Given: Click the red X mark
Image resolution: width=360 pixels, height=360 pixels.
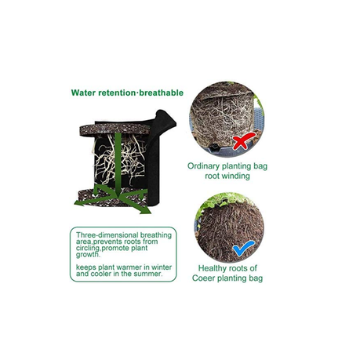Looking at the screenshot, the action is pos(243,141).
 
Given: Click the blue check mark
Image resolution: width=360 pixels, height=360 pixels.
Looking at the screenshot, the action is pos(243,248).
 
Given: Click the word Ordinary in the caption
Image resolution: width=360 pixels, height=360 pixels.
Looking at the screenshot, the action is pos(203,166).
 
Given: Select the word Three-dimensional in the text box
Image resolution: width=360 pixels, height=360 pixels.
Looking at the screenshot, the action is pos(107,235).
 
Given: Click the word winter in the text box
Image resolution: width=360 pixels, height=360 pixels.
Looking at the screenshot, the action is pos(162,267).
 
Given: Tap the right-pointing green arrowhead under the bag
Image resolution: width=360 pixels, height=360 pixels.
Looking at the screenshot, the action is pos(145,209).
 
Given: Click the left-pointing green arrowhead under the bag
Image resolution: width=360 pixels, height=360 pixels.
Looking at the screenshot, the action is pos(79,203).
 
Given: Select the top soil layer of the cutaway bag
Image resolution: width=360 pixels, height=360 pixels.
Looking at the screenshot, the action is pos(115,129).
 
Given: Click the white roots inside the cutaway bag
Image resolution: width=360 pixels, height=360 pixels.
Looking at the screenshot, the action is pos(119,159).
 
